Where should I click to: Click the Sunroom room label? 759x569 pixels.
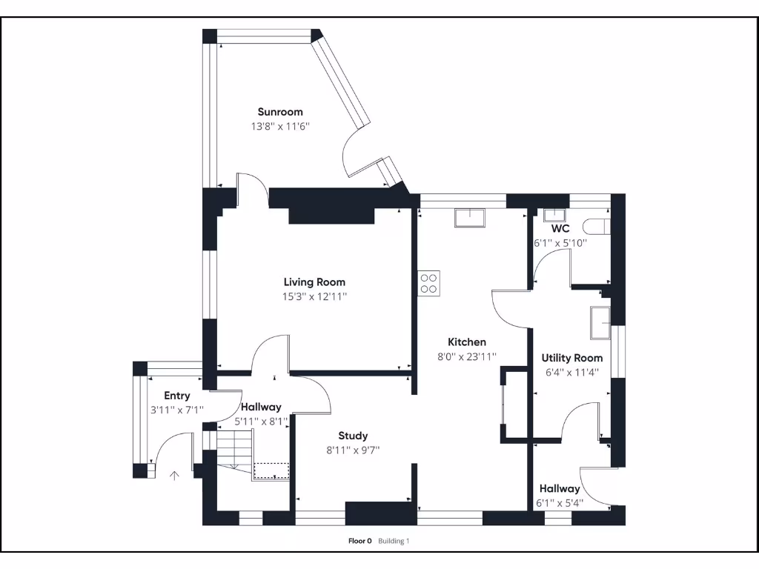280,112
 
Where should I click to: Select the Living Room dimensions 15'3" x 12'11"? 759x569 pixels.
315,296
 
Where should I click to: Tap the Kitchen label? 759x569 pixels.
467,342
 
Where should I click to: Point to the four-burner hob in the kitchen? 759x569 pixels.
428,283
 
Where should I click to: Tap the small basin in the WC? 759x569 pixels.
553,216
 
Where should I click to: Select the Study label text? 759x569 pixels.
353,436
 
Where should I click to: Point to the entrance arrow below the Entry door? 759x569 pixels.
175,475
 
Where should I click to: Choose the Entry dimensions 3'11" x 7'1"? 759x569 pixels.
176,409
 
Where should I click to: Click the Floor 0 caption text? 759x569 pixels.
359,541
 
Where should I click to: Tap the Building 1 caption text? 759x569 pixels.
394,541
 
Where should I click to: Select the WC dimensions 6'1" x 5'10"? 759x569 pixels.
560,242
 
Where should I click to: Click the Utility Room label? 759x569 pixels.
571,358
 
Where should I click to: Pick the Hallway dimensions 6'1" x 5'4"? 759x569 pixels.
560,503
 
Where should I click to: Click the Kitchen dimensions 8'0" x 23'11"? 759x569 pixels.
467,356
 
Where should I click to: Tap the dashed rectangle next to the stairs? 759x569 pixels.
271,471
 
